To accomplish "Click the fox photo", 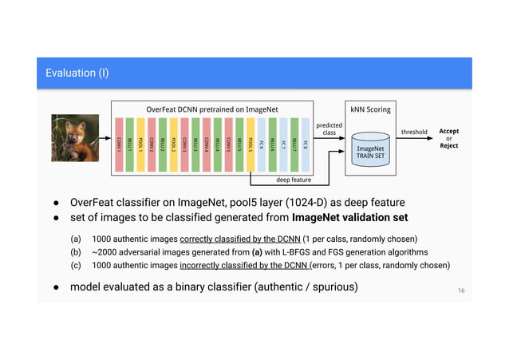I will (x=74, y=138).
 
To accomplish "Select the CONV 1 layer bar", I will (x=120, y=144).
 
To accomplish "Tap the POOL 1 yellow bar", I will (x=141, y=144).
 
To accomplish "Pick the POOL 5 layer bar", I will (x=251, y=144).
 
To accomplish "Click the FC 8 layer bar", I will (x=306, y=144).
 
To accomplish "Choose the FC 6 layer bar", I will (x=262, y=144).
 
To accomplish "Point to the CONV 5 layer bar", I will (x=229, y=144).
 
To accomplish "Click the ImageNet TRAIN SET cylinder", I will (x=369, y=150).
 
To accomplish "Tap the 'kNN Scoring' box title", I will (x=369, y=109).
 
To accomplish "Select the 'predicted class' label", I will (x=329, y=129).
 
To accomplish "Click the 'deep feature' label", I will (x=294, y=180).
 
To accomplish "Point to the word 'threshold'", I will (x=414, y=132).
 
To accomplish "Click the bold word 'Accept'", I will (x=449, y=131).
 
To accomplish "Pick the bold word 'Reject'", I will (x=449, y=146).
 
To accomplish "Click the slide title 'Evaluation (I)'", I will (x=77, y=74).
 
